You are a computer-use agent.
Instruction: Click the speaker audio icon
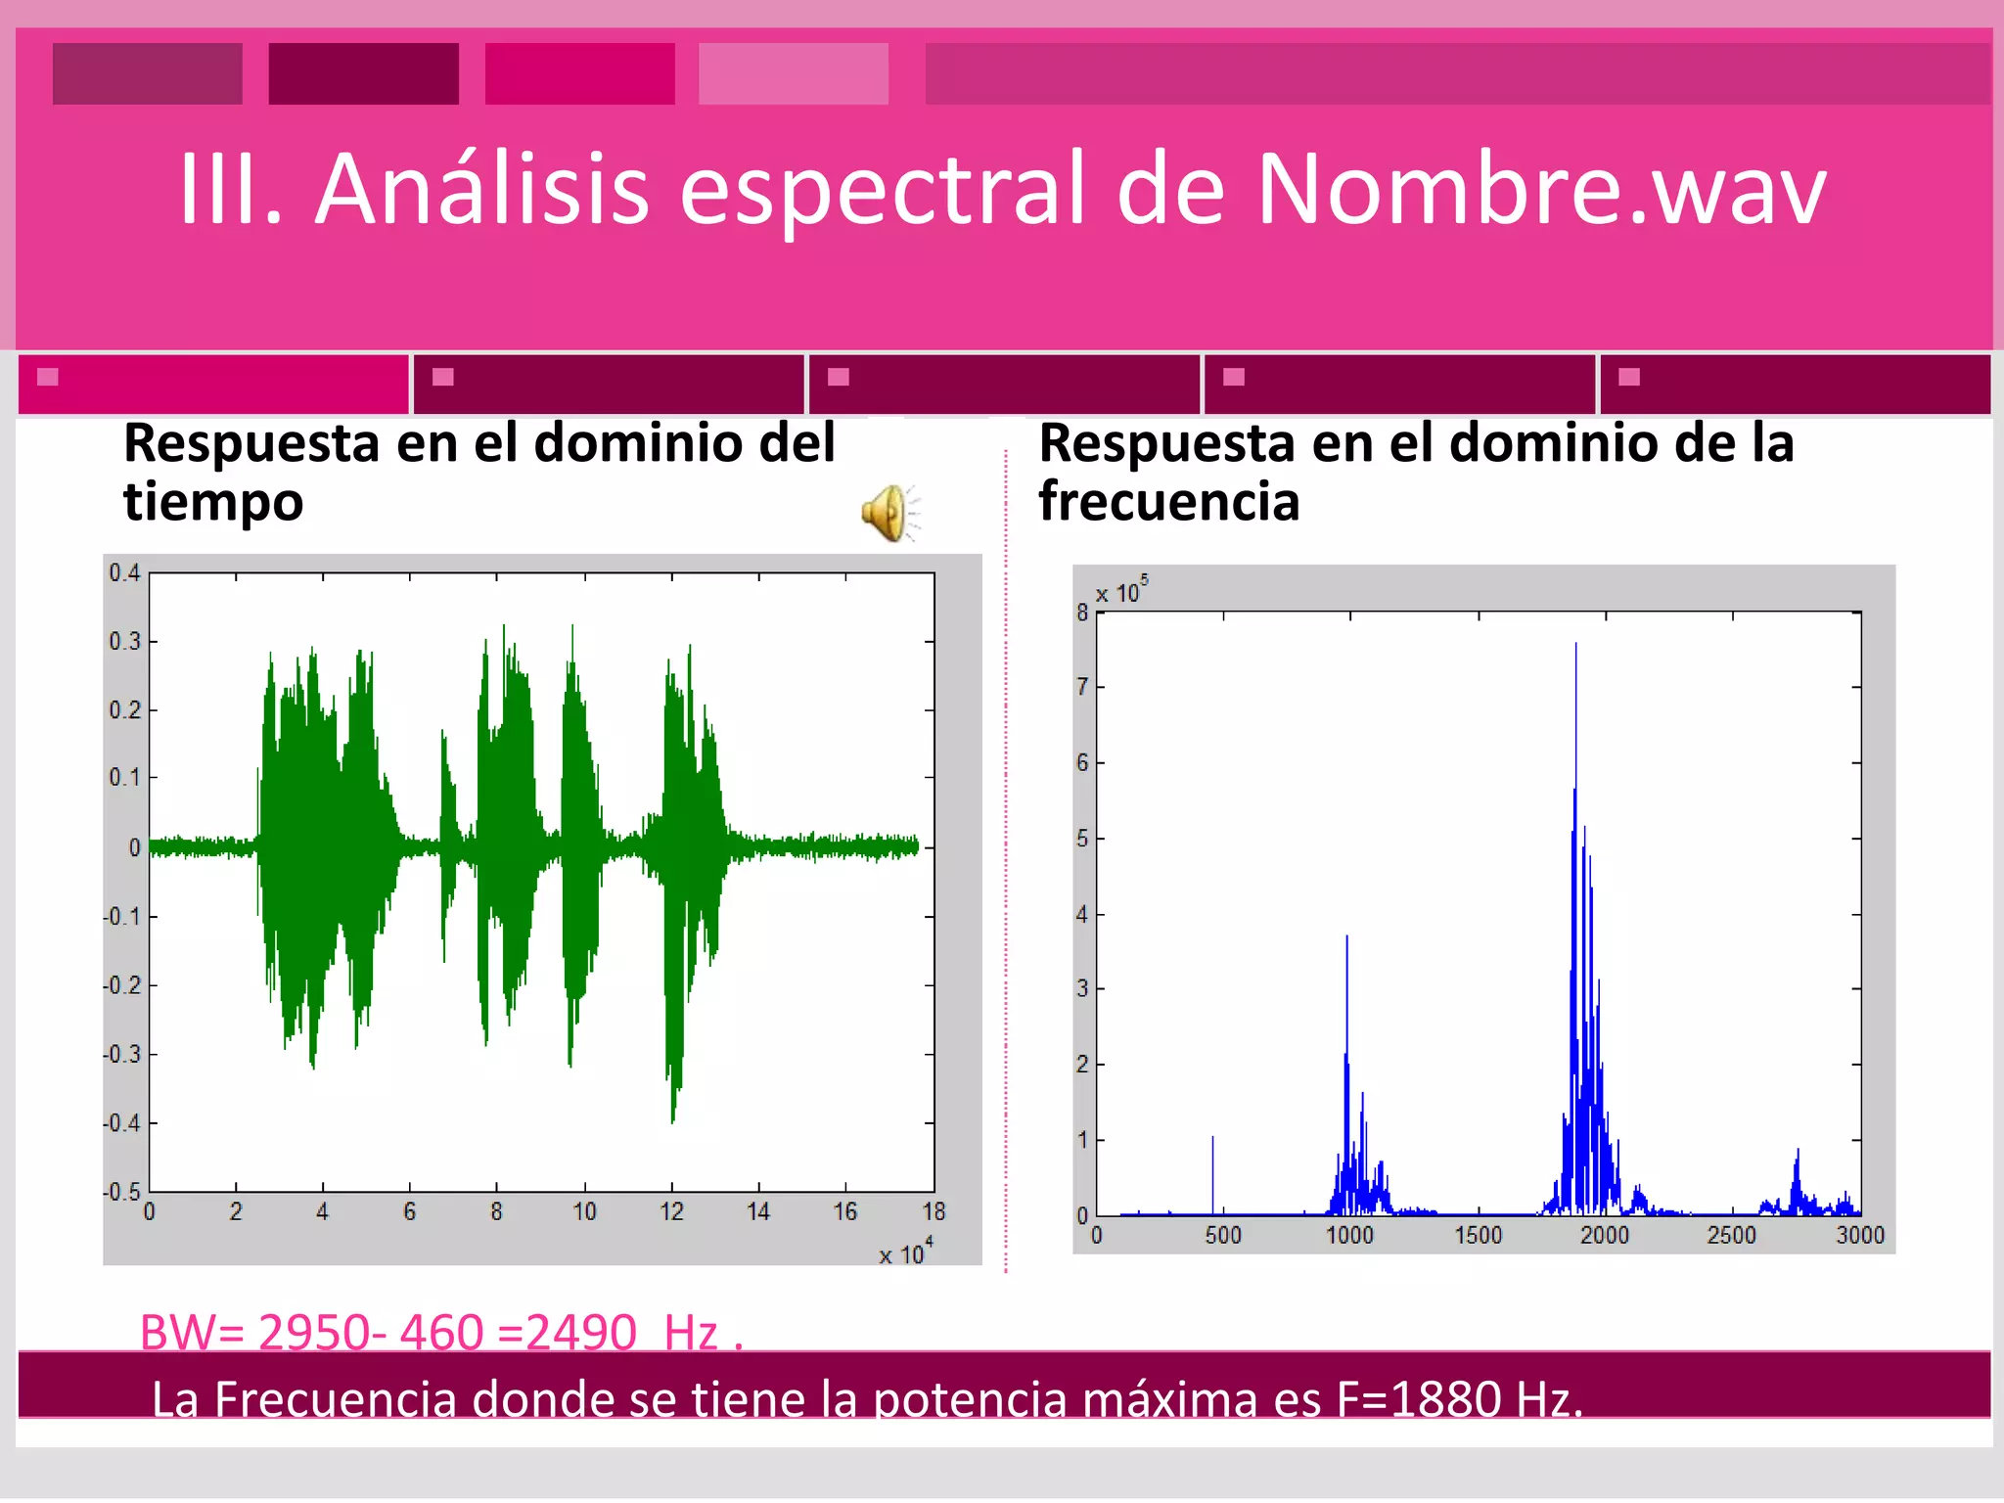(889, 512)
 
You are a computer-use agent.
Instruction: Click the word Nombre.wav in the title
(1540, 188)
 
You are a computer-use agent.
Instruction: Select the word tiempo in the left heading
(213, 502)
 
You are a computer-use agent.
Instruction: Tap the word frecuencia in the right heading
(1168, 502)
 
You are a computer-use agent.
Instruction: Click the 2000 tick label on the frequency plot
(1605, 1236)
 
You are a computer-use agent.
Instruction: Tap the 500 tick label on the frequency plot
(1223, 1236)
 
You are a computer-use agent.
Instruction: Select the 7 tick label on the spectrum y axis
(1082, 687)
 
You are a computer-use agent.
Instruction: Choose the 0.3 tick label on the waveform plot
(124, 642)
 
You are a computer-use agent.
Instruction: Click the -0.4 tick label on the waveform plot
(122, 1123)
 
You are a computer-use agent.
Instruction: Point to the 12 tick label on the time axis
(671, 1212)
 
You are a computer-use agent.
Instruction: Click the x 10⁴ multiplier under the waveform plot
(905, 1252)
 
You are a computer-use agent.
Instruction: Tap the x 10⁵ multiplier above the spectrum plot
(1121, 591)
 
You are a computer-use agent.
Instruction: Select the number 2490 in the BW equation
(581, 1332)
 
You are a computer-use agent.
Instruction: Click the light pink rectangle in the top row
(794, 73)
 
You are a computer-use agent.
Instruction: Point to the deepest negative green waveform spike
(673, 1120)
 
